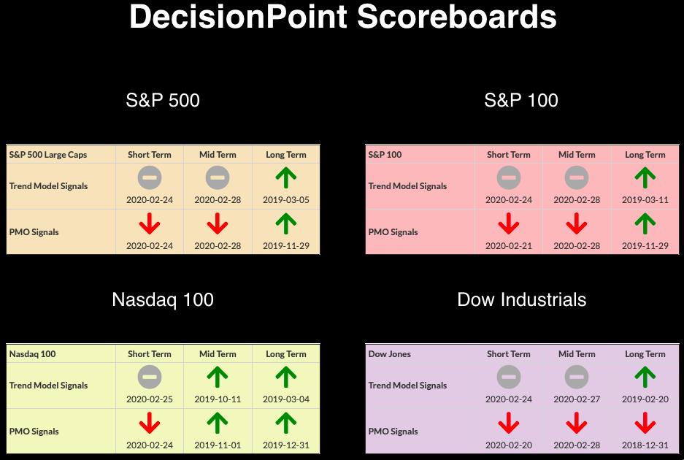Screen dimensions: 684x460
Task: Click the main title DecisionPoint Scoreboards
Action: pyautogui.click(x=342, y=18)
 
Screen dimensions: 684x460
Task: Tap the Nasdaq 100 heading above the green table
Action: pyautogui.click(x=163, y=300)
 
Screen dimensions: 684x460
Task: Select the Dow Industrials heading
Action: pyautogui.click(x=522, y=300)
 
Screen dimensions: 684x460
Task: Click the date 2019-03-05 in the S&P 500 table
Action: pyautogui.click(x=285, y=200)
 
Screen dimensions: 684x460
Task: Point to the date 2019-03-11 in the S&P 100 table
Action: pyautogui.click(x=645, y=200)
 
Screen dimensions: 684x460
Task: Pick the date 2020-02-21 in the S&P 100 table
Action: pyautogui.click(x=509, y=246)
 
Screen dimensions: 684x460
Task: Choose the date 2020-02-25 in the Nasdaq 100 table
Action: pyautogui.click(x=150, y=399)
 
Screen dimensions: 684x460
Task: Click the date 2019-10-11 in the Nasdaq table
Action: pyautogui.click(x=218, y=399)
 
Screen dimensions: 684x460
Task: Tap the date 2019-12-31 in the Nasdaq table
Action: pyautogui.click(x=285, y=445)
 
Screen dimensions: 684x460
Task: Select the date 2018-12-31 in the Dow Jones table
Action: pyautogui.click(x=645, y=445)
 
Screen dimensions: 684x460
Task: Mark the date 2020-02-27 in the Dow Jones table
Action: pyautogui.click(x=577, y=399)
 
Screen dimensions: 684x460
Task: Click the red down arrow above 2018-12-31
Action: pyautogui.click(x=645, y=423)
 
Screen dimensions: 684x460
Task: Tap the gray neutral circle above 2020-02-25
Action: pyautogui.click(x=150, y=377)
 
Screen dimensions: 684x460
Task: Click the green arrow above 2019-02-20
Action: pyautogui.click(x=645, y=377)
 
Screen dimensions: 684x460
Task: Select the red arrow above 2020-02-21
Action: pyautogui.click(x=509, y=223)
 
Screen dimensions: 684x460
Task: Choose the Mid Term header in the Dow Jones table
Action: pyautogui.click(x=577, y=354)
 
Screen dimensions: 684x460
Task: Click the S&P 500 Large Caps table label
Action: pyautogui.click(x=48, y=155)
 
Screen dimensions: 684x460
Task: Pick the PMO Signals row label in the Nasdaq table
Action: pyautogui.click(x=34, y=432)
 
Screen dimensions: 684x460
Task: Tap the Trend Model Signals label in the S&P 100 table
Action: pyautogui.click(x=407, y=186)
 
